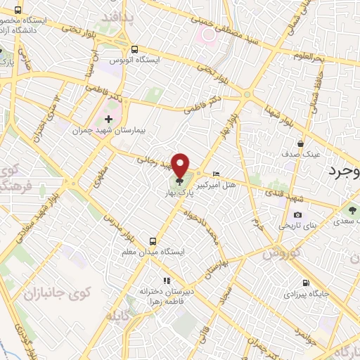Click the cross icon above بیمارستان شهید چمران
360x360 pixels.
click(108, 119)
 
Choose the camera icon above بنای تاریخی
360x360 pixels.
click(297, 215)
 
